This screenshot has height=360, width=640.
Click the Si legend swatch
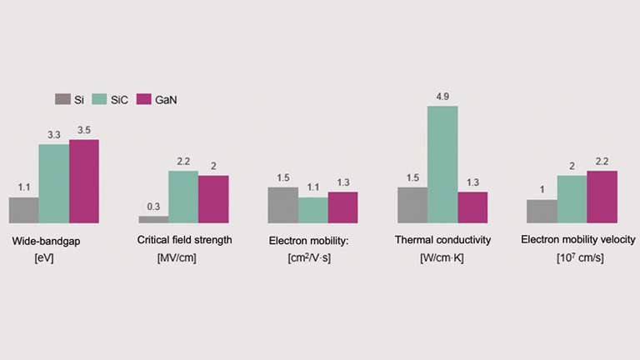point(62,99)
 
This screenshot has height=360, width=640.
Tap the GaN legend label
point(165,100)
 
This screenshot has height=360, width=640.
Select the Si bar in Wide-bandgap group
point(23,210)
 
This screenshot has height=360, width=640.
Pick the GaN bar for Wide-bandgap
point(83,181)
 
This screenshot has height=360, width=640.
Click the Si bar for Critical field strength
point(153,219)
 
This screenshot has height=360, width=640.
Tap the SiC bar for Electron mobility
point(312,210)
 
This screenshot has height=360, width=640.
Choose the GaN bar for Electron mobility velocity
point(602,197)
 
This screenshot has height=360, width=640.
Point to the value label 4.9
point(442,97)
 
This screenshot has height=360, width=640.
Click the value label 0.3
point(153,207)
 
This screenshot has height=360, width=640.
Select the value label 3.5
point(84,131)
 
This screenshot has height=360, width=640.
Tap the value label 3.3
point(53,135)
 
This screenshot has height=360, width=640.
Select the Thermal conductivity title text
point(442,240)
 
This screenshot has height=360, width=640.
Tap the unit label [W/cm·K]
point(442,258)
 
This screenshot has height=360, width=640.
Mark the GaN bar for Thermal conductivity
point(472,207)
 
